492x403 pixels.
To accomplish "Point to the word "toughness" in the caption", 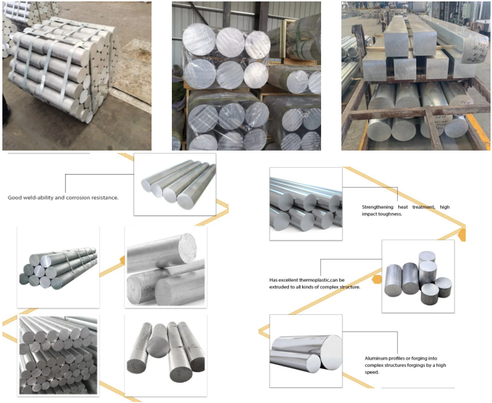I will [388, 214].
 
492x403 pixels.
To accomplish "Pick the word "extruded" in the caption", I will [280, 287].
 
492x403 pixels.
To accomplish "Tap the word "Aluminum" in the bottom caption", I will [375, 359].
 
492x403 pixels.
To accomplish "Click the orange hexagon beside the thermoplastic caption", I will [377, 279].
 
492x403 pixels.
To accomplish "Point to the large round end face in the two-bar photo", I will [331, 352].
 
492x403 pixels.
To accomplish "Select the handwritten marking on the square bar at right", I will [477, 50].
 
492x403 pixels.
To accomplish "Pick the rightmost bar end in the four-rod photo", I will [186, 201].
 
